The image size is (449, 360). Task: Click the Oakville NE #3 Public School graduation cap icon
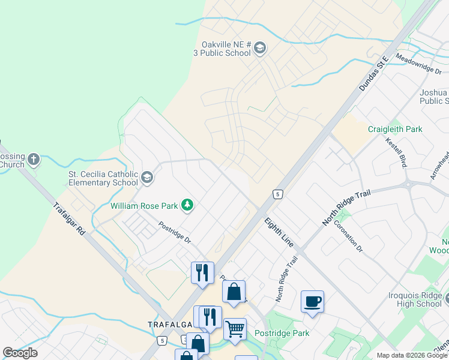pos(260,47)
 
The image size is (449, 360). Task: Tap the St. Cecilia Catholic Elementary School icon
pos(148,177)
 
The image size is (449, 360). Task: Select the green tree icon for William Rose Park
pos(188,206)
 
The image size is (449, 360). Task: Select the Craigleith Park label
pos(395,129)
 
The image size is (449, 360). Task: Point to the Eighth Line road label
pos(279,232)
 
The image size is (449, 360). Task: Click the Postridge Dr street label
pos(175,232)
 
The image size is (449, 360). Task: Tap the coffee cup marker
pos(313,301)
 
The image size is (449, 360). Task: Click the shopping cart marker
pos(235,328)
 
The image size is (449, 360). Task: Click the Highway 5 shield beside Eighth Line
pos(277,194)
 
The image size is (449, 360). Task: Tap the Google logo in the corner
pos(20,353)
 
